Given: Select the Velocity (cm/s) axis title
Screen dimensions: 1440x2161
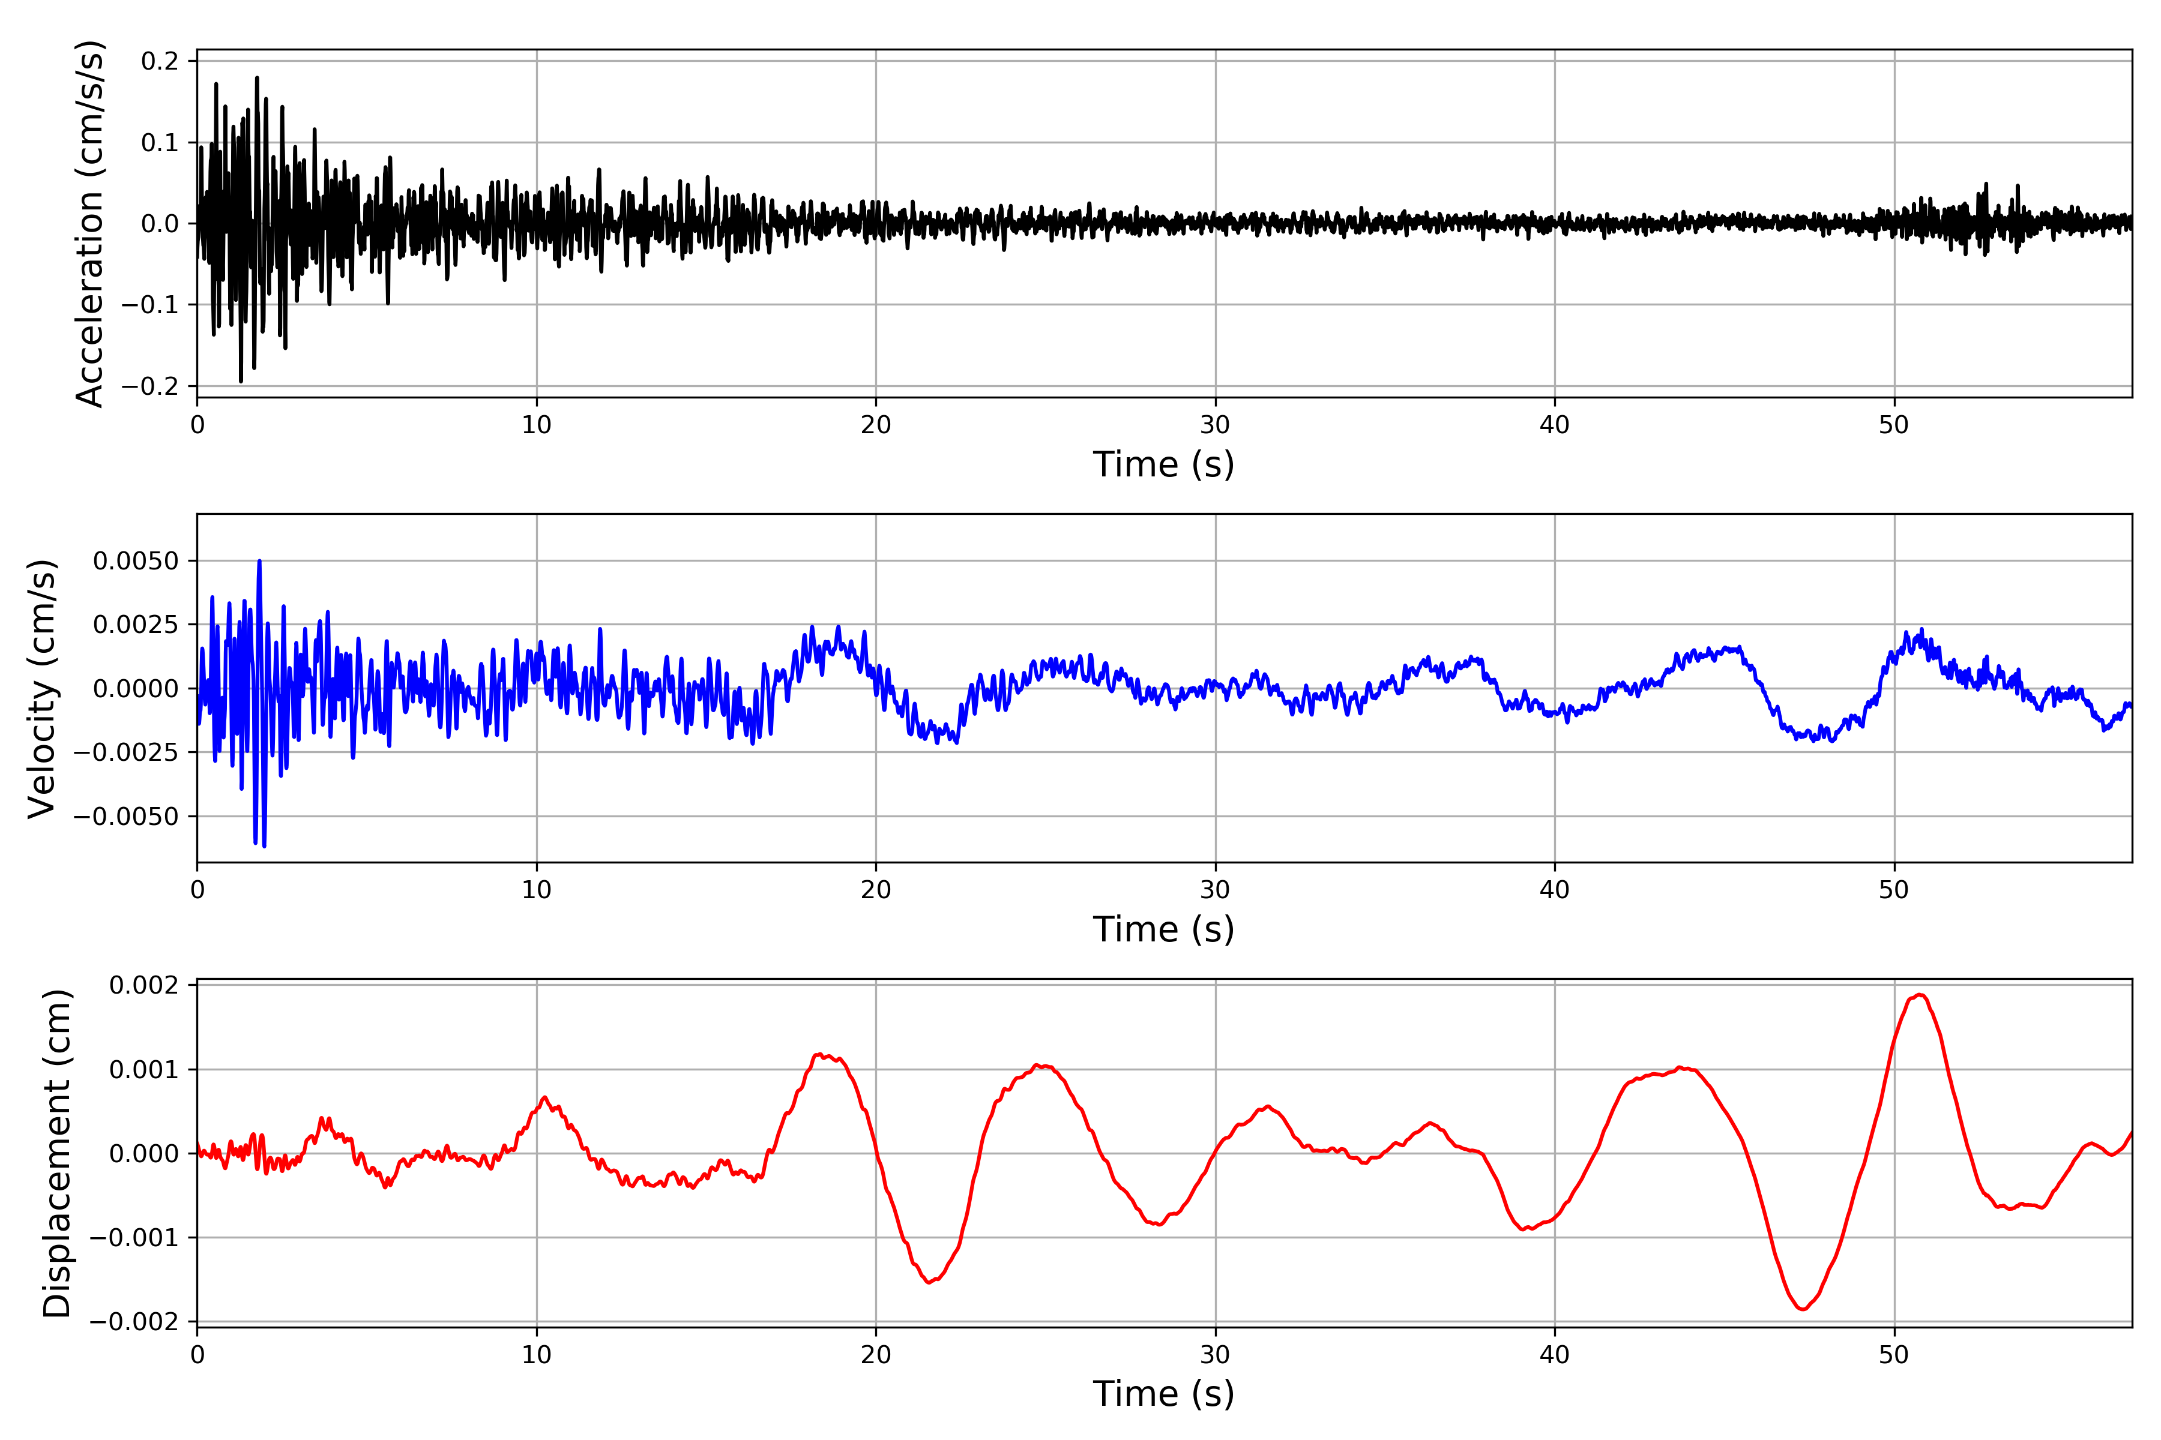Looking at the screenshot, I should click(x=42, y=688).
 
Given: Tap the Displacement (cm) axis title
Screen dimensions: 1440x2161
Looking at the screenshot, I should click(x=57, y=1153).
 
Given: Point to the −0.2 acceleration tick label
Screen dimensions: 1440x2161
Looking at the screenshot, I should click(x=151, y=386).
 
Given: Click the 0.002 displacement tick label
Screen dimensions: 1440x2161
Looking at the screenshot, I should click(x=143, y=985).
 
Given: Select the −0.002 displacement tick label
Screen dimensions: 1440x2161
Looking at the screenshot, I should click(x=134, y=1322).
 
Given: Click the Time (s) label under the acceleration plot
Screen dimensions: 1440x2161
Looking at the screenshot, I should click(x=1163, y=464).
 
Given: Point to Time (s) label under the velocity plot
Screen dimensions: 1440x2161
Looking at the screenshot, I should click(x=1163, y=929).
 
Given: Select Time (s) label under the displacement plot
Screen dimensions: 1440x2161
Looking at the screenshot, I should click(x=1163, y=1394).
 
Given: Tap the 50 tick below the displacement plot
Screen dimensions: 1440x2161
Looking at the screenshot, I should click(x=1894, y=1355).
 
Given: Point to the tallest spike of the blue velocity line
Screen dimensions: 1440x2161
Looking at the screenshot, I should click(x=259, y=561).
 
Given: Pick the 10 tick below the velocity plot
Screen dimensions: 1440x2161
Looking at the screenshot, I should click(x=537, y=890).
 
